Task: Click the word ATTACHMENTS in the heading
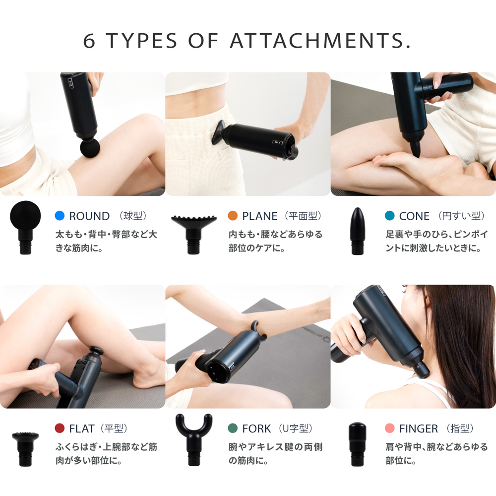[320, 41]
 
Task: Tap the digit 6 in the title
[89, 41]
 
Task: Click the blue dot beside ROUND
[60, 216]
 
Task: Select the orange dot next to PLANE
[233, 216]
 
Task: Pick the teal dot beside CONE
[390, 216]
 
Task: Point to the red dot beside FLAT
[60, 429]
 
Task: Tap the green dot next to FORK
[233, 429]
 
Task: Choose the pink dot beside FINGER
[390, 429]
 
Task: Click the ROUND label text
[89, 216]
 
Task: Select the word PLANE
[260, 216]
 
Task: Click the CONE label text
[414, 216]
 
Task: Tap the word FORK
[256, 429]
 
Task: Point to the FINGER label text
[419, 429]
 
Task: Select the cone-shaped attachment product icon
[357, 231]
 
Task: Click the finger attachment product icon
[357, 444]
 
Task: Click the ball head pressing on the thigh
[90, 148]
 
